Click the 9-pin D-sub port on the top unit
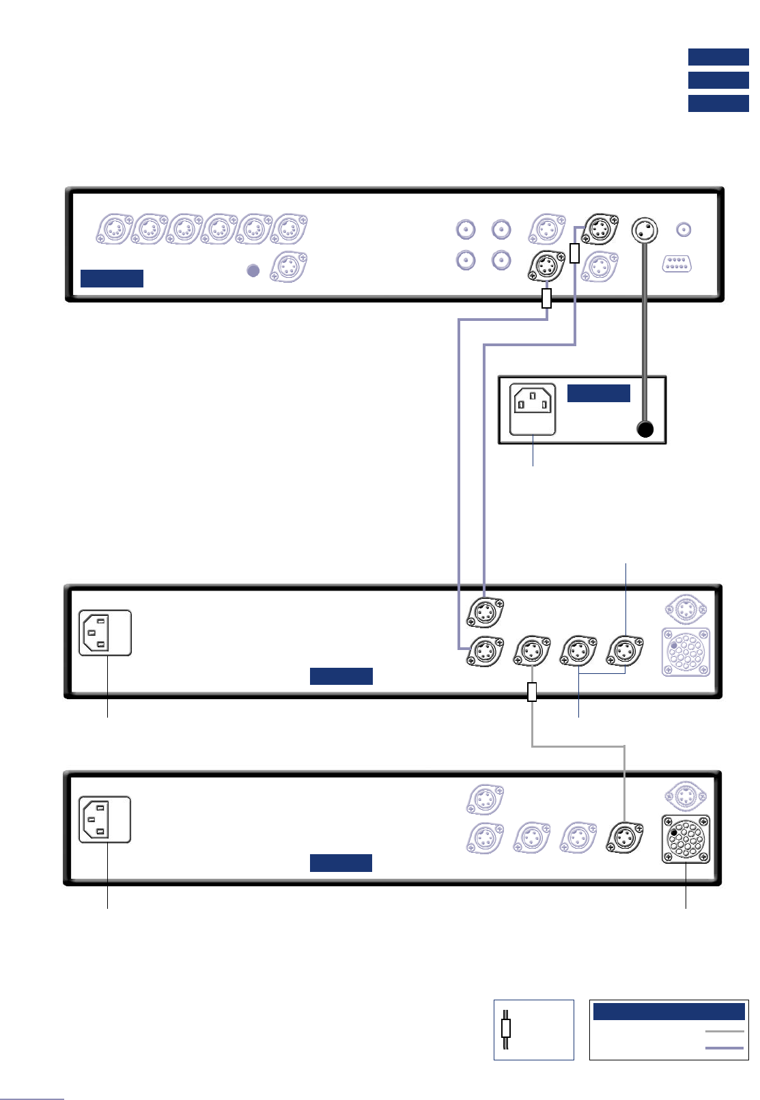677,264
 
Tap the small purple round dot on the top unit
253,270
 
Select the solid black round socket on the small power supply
645,429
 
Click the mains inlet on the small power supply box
533,410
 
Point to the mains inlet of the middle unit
105,633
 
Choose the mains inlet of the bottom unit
105,819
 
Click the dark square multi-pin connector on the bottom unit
686,839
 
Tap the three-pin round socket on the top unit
645,230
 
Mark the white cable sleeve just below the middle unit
533,692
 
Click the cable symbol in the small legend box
506,1028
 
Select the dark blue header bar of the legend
668,1011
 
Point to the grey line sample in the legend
724,1032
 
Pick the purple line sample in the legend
724,1047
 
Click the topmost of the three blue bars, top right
718,57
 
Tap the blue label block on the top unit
112,278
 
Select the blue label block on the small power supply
598,393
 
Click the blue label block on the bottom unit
341,863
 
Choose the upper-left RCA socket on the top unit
466,229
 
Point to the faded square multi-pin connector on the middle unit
686,652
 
